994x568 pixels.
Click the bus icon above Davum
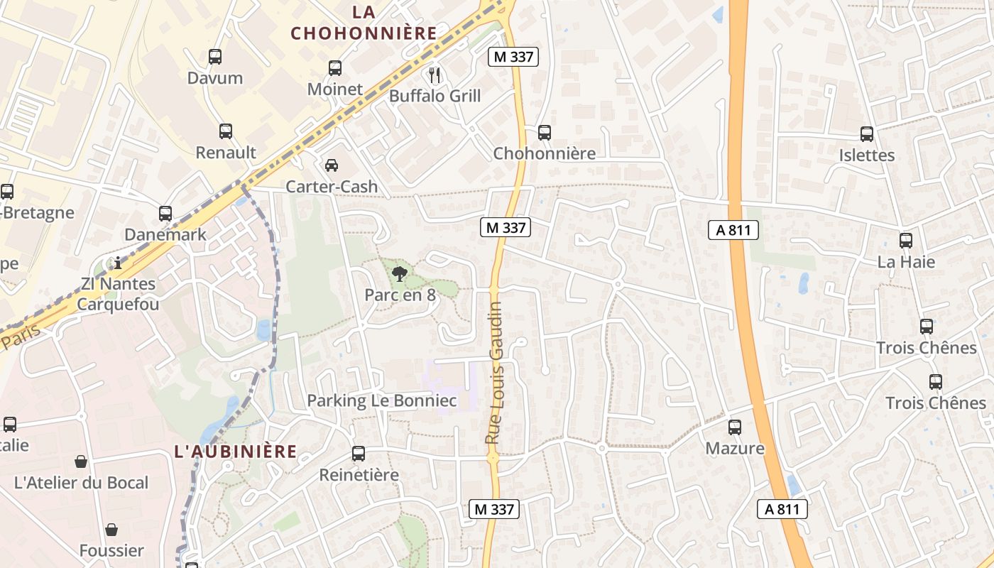click(215, 57)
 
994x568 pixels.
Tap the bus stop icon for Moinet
click(335, 68)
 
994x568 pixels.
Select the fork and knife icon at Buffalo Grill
click(435, 75)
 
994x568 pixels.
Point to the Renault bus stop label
click(226, 152)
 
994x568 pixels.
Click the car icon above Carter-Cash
click(332, 165)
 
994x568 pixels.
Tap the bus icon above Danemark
click(165, 213)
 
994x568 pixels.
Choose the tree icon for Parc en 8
click(400, 273)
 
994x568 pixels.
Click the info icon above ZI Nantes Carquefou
click(118, 263)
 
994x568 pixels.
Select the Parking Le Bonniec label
click(382, 400)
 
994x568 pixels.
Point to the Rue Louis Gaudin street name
click(494, 373)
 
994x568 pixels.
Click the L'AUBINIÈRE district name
click(236, 452)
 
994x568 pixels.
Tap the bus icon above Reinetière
click(359, 453)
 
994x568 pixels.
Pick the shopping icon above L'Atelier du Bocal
click(82, 461)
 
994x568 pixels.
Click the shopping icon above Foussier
click(111, 530)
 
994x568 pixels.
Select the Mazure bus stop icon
click(735, 427)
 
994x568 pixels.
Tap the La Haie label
click(906, 262)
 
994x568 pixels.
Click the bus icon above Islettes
click(867, 133)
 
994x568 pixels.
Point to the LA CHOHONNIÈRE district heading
click(364, 23)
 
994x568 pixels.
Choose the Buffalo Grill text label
click(435, 96)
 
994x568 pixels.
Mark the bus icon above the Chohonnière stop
click(545, 132)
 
